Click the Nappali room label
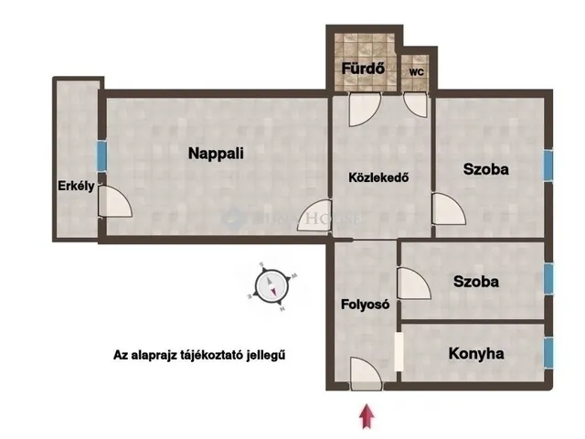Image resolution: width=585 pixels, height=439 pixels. point(216,154)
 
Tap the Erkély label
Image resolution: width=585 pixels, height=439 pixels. point(76,187)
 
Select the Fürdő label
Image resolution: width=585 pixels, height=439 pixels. point(362,69)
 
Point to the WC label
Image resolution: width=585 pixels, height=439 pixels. point(417,70)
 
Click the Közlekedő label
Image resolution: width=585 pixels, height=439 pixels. point(377,177)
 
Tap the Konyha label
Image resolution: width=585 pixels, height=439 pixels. point(476,352)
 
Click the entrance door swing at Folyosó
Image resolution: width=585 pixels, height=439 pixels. point(366,372)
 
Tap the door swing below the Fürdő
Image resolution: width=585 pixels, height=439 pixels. point(362,108)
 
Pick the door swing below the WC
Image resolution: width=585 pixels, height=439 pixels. point(416,102)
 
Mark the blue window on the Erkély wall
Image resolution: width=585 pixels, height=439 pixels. point(101,154)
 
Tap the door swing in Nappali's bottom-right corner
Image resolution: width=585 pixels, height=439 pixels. point(315,216)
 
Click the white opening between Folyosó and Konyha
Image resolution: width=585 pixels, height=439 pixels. point(399,351)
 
